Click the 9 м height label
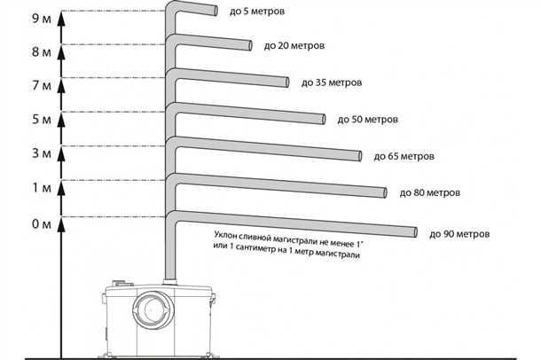click(42, 19)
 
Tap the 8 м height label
click(42, 52)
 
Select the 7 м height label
click(42, 85)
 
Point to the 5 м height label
click(42, 120)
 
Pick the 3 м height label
click(42, 153)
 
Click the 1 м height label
click(42, 188)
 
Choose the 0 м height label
click(42, 224)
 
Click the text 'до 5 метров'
click(257, 12)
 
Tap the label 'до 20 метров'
click(294, 46)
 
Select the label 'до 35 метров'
click(332, 82)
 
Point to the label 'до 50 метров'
click(367, 120)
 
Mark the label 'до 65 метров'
click(404, 157)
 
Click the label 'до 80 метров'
click(430, 192)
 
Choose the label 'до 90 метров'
click(459, 234)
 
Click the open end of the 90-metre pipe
click(415, 232)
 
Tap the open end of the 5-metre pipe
click(216, 11)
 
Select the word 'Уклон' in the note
click(225, 235)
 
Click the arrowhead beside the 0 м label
click(61, 224)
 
